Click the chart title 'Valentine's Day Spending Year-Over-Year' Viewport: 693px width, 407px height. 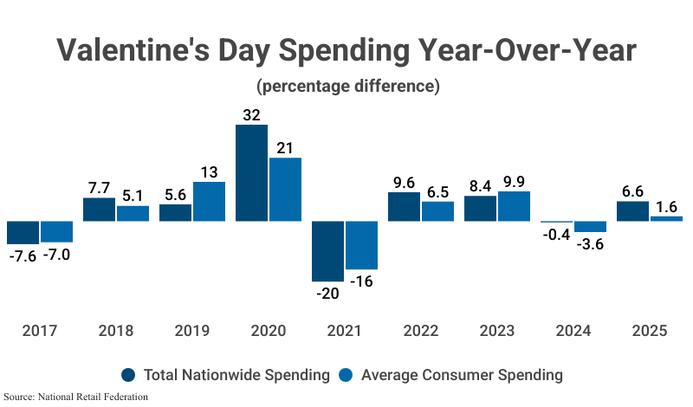pos(346,50)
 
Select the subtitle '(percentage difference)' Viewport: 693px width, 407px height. pos(346,87)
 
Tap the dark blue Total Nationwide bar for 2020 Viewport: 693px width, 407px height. pos(251,173)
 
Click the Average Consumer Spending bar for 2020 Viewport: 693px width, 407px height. pos(285,189)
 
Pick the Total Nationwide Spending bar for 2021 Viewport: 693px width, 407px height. pos(327,251)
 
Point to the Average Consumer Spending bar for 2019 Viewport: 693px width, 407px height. pos(209,201)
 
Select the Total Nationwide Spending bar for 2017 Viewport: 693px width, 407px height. pos(23,232)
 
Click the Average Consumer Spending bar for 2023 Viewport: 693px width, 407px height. pos(514,206)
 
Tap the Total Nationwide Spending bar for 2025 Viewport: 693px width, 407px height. pos(632,211)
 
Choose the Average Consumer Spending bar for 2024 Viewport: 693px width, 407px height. pos(590,227)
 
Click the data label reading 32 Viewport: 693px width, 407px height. pos(251,113)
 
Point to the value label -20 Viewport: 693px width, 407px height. pos(327,293)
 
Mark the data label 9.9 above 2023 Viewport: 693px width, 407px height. pos(514,180)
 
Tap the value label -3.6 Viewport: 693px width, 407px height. pos(590,245)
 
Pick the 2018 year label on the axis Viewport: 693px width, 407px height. pos(116,331)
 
